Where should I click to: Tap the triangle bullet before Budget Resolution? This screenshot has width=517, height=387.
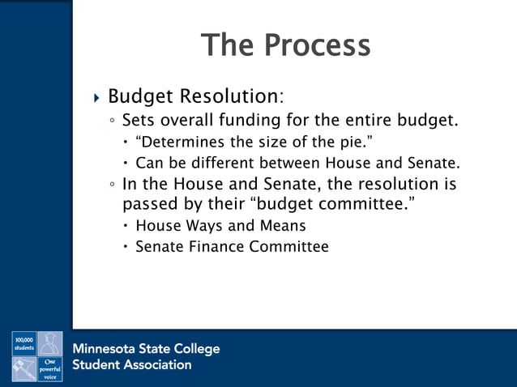97,99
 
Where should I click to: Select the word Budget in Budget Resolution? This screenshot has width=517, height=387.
140,97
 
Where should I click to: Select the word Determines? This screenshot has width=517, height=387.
180,142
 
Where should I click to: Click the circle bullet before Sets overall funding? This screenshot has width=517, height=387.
113,122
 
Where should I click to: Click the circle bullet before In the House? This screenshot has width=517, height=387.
113,185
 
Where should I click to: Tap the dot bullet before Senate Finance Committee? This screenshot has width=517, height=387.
126,247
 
